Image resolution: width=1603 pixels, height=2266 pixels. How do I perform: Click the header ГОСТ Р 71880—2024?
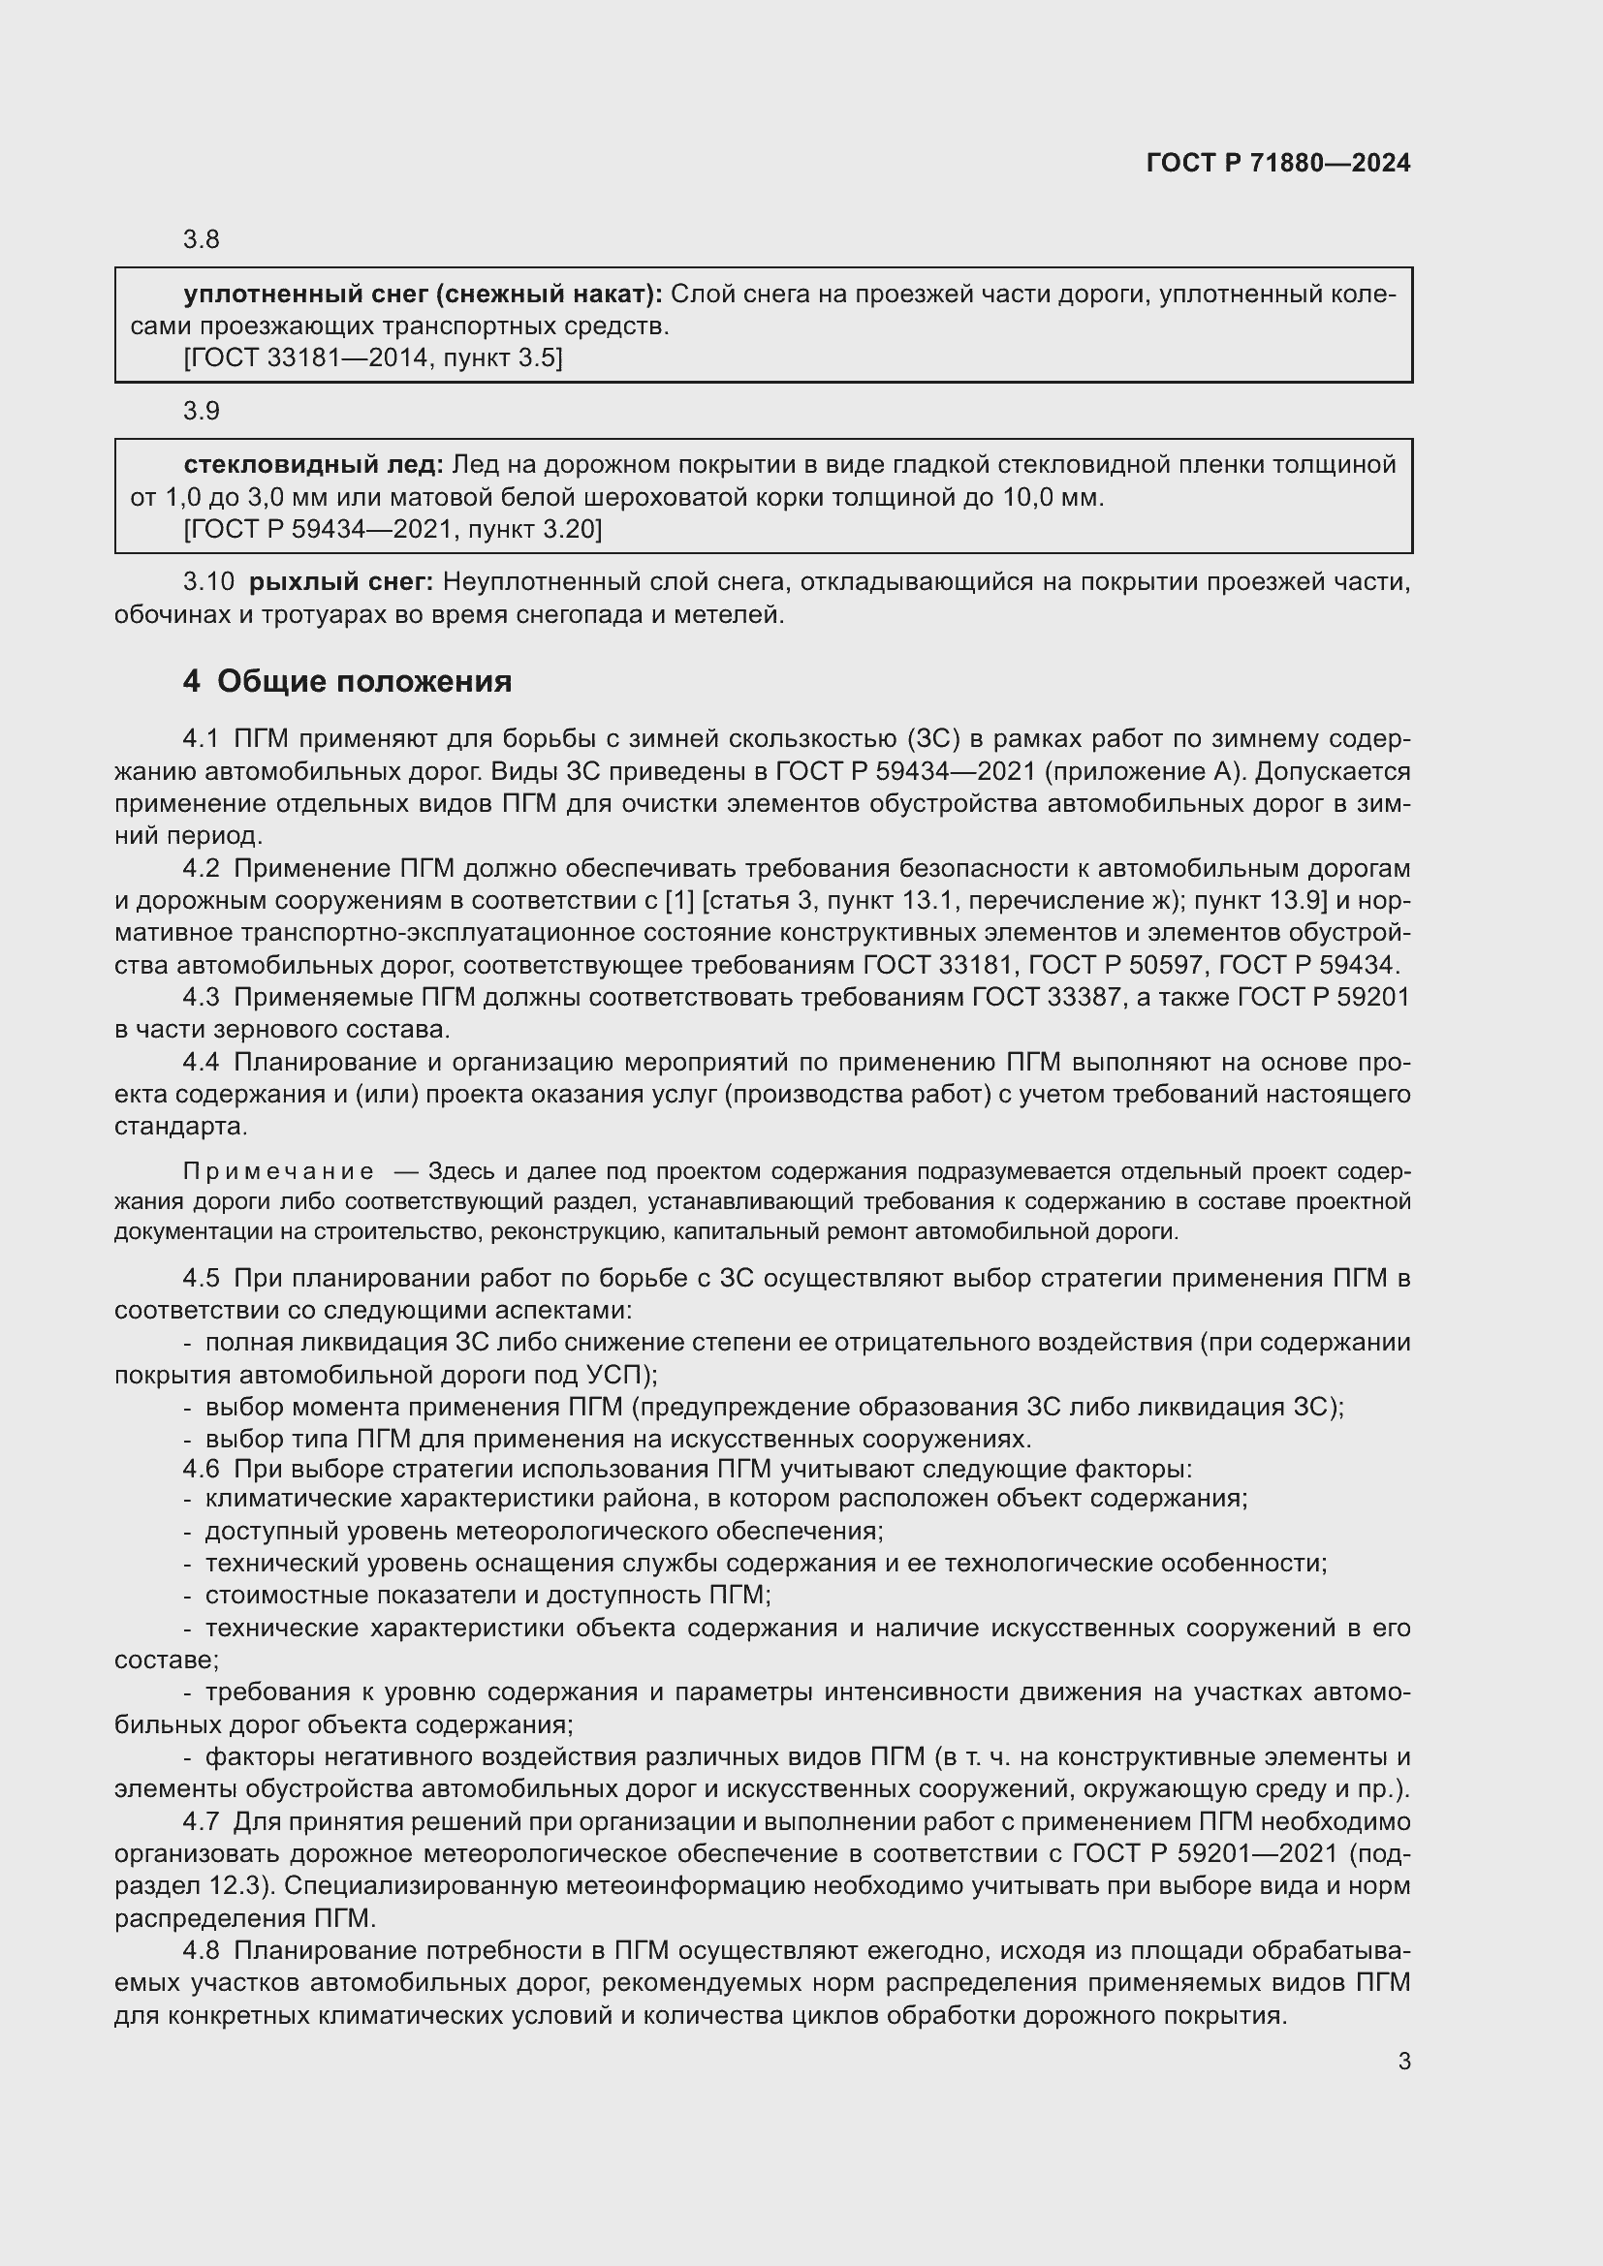(1278, 163)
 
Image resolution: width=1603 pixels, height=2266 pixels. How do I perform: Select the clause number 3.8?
(202, 240)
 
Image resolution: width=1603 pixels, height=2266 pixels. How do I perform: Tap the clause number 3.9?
(202, 411)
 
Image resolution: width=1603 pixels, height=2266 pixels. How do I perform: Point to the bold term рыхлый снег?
(340, 582)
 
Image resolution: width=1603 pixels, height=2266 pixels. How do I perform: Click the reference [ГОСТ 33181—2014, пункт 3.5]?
(373, 358)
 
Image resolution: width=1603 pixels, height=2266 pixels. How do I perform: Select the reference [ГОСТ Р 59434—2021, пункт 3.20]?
(392, 530)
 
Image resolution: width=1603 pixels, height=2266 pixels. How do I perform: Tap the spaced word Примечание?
(278, 1171)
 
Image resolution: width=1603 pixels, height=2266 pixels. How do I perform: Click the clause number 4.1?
(202, 739)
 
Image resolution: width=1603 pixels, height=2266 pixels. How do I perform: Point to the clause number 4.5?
(202, 1278)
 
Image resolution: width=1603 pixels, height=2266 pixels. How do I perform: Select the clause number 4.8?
(202, 1951)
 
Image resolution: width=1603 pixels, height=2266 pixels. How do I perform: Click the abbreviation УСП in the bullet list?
(616, 1375)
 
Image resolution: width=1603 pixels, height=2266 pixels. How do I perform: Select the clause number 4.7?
(202, 1822)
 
